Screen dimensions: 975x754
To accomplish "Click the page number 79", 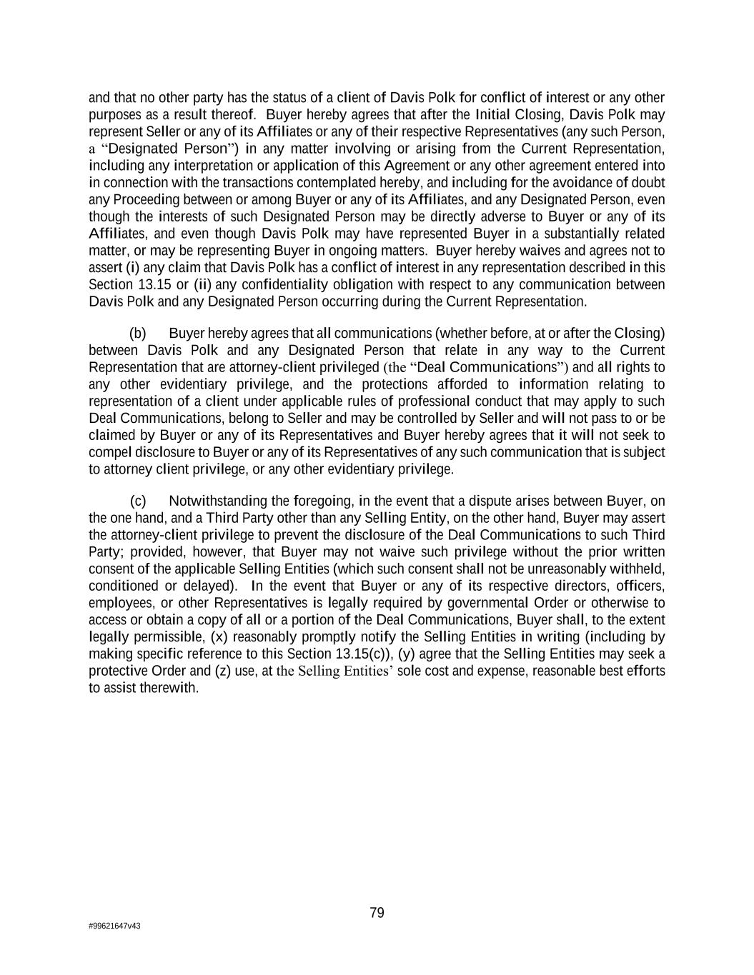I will click(x=377, y=913).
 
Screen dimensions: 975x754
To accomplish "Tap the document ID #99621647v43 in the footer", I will click(x=114, y=926).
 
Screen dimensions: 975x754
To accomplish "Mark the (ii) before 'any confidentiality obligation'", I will click(x=202, y=285).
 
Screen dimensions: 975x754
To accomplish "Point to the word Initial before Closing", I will click(x=493, y=114).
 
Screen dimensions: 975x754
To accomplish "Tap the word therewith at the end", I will click(x=171, y=688).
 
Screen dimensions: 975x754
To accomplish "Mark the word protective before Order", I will click(x=118, y=671).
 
